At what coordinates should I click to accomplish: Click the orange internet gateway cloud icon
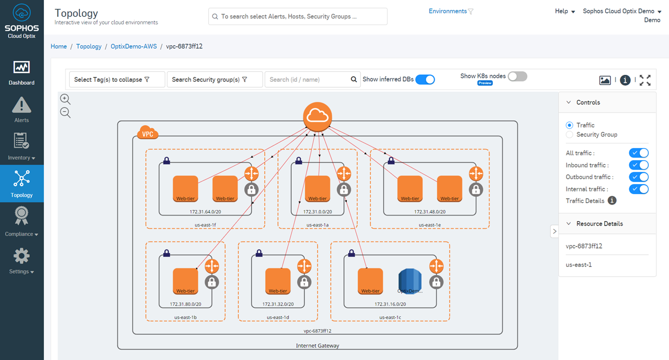(x=318, y=116)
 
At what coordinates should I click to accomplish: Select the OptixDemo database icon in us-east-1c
(x=410, y=281)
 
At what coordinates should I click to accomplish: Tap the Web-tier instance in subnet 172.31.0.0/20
(x=318, y=188)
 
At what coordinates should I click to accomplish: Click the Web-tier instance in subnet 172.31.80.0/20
(x=185, y=281)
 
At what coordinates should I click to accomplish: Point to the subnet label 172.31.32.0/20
(x=278, y=304)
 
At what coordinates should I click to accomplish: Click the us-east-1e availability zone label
(x=429, y=225)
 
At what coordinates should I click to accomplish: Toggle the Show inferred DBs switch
(x=425, y=80)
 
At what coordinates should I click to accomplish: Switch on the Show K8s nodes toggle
(x=517, y=76)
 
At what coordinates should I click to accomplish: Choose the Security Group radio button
(x=570, y=134)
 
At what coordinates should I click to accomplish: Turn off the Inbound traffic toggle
(x=638, y=165)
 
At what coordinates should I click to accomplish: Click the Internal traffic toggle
(x=638, y=189)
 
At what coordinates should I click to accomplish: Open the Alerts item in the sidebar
(x=21, y=110)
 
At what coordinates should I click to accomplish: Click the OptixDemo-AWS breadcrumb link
(x=133, y=47)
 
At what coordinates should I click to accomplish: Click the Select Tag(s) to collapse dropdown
(x=117, y=80)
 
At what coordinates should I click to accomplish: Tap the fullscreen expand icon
(x=645, y=80)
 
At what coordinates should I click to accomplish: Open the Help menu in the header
(x=565, y=12)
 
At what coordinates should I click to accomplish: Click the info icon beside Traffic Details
(x=612, y=201)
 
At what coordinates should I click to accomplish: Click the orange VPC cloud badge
(x=148, y=133)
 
